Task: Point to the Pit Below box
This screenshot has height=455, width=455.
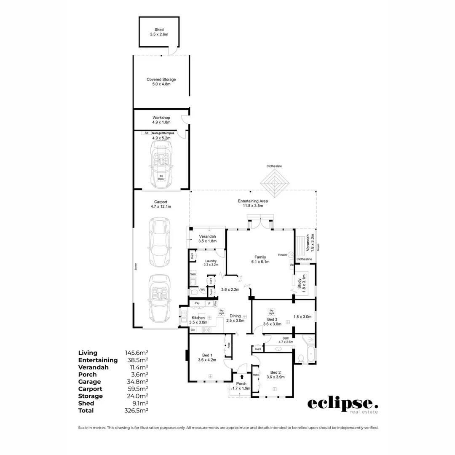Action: tap(161, 177)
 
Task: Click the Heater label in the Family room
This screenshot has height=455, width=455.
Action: tap(283, 255)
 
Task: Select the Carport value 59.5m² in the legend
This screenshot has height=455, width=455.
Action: tap(136, 389)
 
